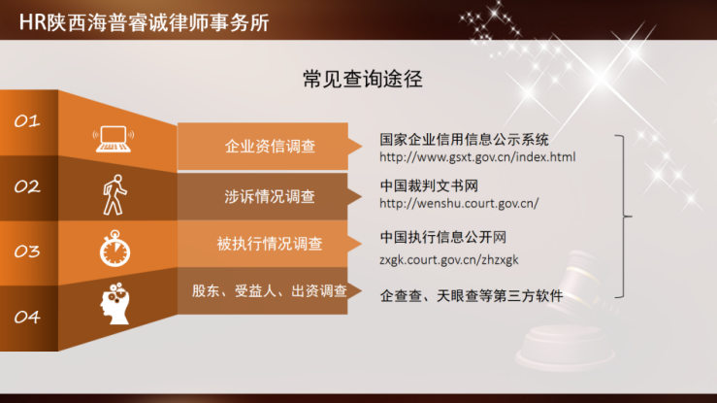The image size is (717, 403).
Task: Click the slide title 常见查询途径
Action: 363,79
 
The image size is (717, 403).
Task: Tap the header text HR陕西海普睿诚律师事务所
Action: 144,22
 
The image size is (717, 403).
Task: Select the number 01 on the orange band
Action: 27,121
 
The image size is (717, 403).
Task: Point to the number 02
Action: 27,186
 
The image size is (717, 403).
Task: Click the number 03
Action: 27,252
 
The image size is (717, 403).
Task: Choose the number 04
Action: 27,317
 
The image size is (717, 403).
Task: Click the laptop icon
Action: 114,139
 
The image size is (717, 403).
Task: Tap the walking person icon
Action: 114,195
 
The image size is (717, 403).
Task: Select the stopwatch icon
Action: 114,249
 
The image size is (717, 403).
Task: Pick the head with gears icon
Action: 115,303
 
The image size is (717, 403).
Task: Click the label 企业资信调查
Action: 270,147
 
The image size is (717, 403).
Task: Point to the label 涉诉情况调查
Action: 270,197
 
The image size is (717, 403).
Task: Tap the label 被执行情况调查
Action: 270,244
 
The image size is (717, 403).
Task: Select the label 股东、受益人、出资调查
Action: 270,291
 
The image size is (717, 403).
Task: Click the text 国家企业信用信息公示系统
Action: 464,139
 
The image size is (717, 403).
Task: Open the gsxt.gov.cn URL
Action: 477,157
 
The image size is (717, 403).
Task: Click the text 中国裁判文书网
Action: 429,185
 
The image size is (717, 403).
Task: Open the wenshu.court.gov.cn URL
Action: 459,204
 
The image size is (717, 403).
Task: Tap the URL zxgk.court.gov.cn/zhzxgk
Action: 449,260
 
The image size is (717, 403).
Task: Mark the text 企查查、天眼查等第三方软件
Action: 472,296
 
